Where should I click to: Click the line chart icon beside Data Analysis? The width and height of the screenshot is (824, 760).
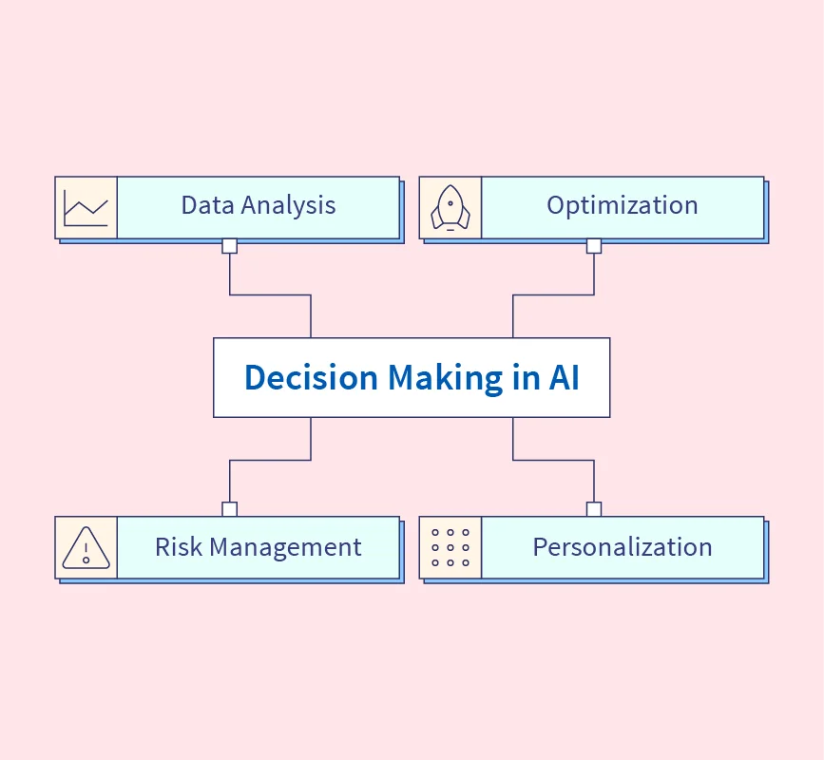pyautogui.click(x=86, y=207)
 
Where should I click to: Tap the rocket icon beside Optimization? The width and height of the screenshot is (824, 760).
pyautogui.click(x=450, y=207)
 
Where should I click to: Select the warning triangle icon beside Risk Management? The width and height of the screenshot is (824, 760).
pyautogui.click(x=86, y=548)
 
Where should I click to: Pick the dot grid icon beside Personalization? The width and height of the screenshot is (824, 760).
pyautogui.click(x=450, y=548)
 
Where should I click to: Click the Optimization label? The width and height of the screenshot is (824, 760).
pyautogui.click(x=622, y=205)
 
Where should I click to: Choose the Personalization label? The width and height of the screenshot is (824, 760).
pyautogui.click(x=622, y=547)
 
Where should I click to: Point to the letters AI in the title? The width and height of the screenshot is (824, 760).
pyautogui.click(x=564, y=377)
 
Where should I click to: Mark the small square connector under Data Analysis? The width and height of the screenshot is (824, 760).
pyautogui.click(x=229, y=246)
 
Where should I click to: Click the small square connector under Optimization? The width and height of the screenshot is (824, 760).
pyautogui.click(x=594, y=246)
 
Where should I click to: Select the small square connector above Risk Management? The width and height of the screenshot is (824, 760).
pyautogui.click(x=229, y=509)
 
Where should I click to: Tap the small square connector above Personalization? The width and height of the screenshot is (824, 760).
pyautogui.click(x=594, y=509)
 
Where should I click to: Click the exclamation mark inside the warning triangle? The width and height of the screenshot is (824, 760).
pyautogui.click(x=86, y=551)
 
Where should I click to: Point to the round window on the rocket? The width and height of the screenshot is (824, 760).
pyautogui.click(x=450, y=202)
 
